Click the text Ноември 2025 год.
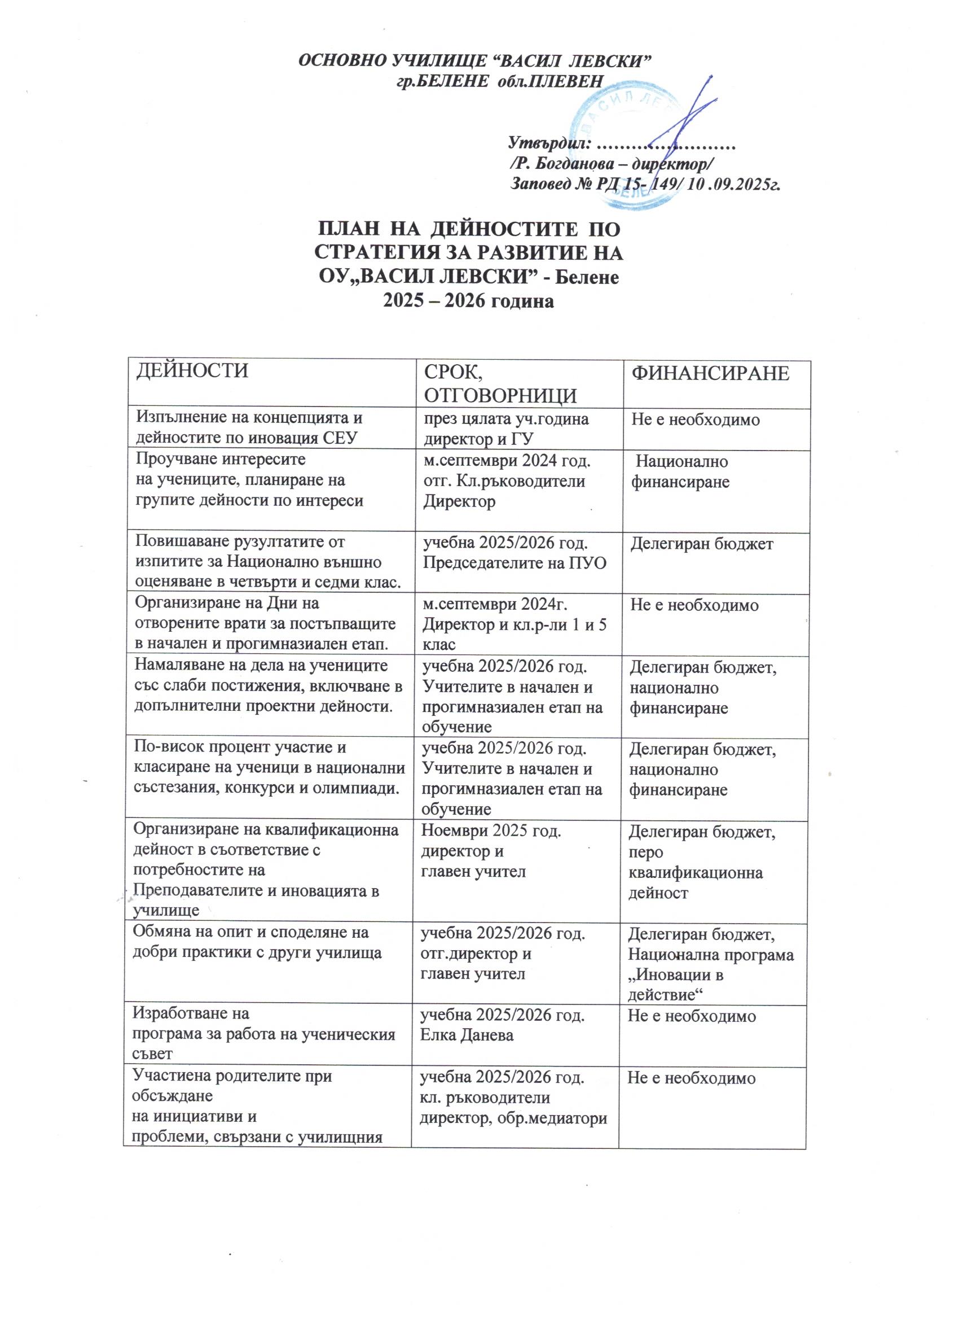(491, 831)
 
